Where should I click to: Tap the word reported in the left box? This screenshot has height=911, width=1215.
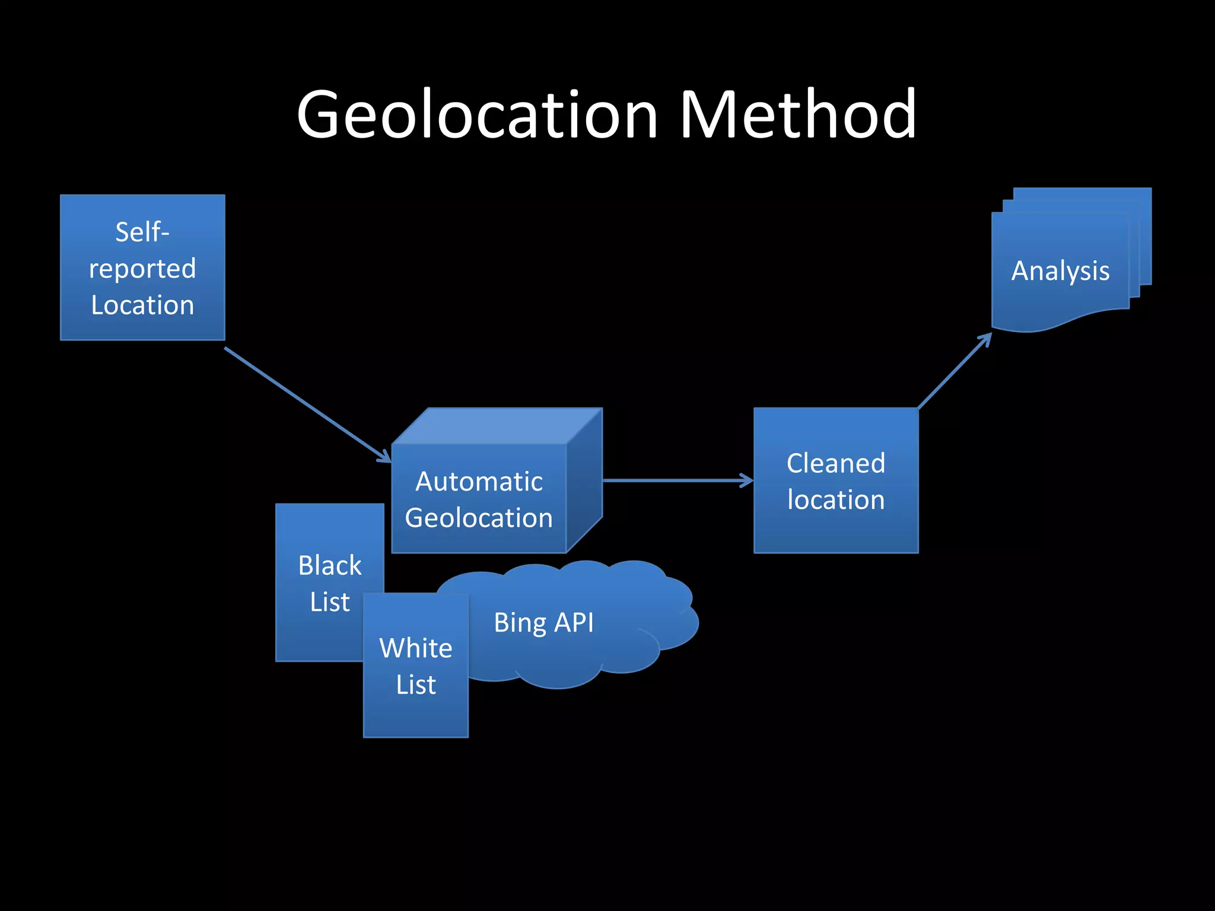[x=142, y=269]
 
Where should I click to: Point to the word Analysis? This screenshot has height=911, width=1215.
[x=1060, y=271]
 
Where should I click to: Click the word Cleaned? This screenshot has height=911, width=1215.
[x=835, y=463]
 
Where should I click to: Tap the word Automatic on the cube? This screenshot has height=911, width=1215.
[x=479, y=481]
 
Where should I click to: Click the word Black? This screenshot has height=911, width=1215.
[x=329, y=565]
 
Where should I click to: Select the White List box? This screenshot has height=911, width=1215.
[x=415, y=718]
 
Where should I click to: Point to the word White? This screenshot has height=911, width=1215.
[x=415, y=648]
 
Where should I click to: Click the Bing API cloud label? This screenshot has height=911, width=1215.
[x=543, y=623]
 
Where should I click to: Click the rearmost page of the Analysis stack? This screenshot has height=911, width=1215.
[x=1145, y=237]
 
